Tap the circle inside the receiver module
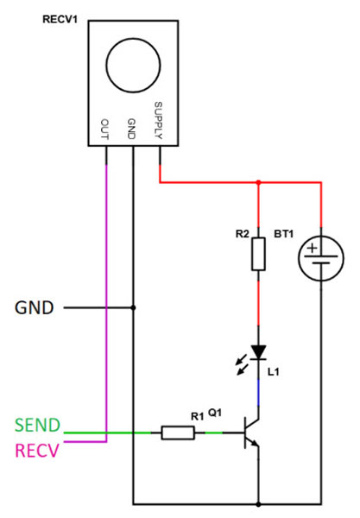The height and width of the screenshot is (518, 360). [134, 68]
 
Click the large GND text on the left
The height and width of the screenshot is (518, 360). [35, 307]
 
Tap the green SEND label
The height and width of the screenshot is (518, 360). [38, 426]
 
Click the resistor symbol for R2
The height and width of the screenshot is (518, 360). [258, 255]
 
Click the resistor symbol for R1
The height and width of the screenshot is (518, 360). [179, 433]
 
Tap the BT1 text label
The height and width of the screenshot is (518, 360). [284, 234]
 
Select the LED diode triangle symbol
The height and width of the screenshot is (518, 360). [258, 352]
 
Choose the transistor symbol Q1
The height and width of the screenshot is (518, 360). [252, 433]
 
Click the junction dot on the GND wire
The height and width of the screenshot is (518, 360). [133, 307]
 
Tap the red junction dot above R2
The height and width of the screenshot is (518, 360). [258, 183]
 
